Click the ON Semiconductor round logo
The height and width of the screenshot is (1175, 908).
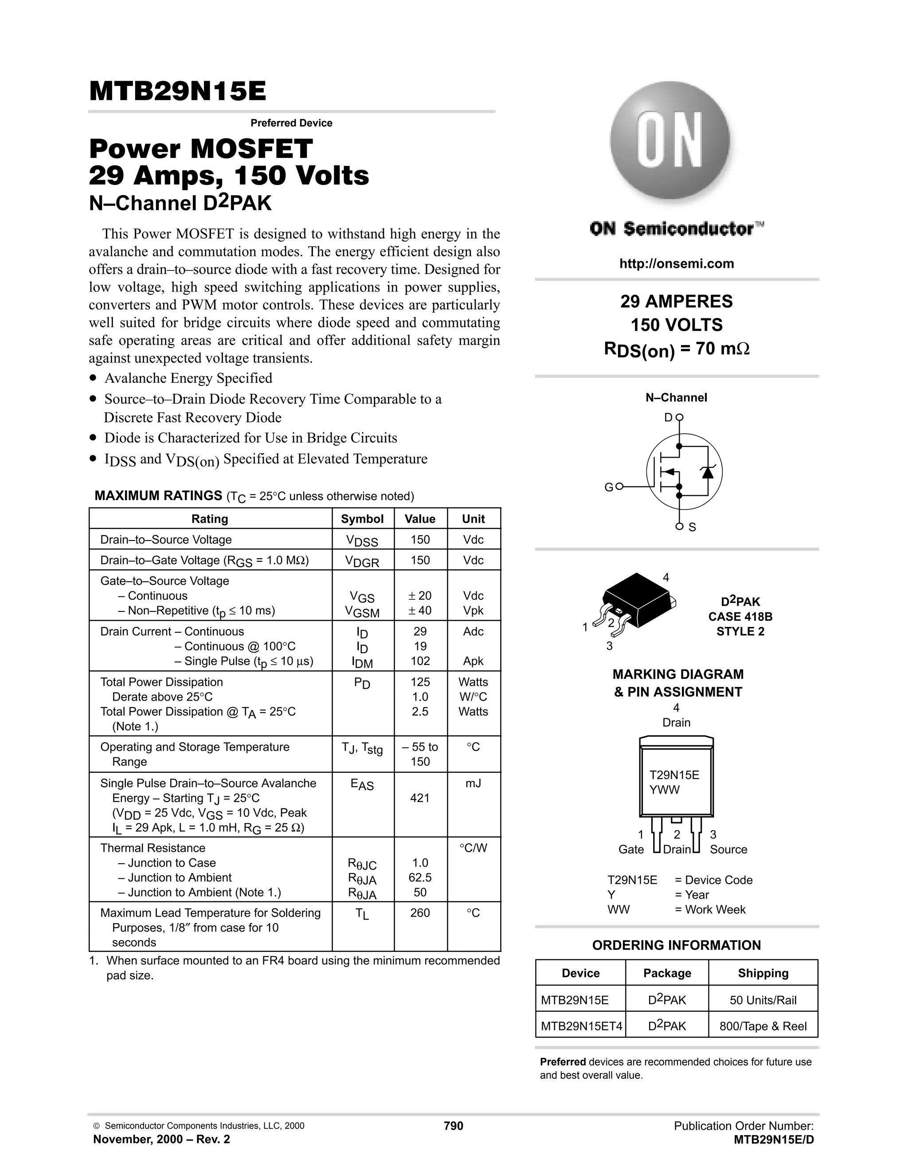pos(670,141)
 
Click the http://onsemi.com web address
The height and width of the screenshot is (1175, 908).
pos(676,264)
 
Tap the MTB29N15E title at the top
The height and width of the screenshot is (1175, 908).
pos(177,91)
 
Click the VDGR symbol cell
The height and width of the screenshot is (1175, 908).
pos(362,561)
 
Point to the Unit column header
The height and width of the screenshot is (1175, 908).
pos(474,519)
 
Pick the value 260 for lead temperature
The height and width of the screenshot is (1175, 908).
pos(419,913)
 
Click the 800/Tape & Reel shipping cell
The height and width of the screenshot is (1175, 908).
pos(763,1026)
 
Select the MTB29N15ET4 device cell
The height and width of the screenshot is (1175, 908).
pos(581,1026)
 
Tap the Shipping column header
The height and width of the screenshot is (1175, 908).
pos(763,973)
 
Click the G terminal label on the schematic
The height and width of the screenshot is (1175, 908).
pos(608,487)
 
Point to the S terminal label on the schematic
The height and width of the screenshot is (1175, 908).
pos(692,527)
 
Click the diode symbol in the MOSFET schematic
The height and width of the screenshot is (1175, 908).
pos(707,472)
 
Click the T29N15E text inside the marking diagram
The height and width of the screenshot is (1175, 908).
pos(674,775)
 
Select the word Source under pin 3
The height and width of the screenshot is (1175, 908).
pos(728,849)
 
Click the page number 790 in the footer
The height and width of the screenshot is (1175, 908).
pos(454,1125)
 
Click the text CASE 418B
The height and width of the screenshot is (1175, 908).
pos(740,617)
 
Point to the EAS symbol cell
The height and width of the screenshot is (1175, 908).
pos(362,785)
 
